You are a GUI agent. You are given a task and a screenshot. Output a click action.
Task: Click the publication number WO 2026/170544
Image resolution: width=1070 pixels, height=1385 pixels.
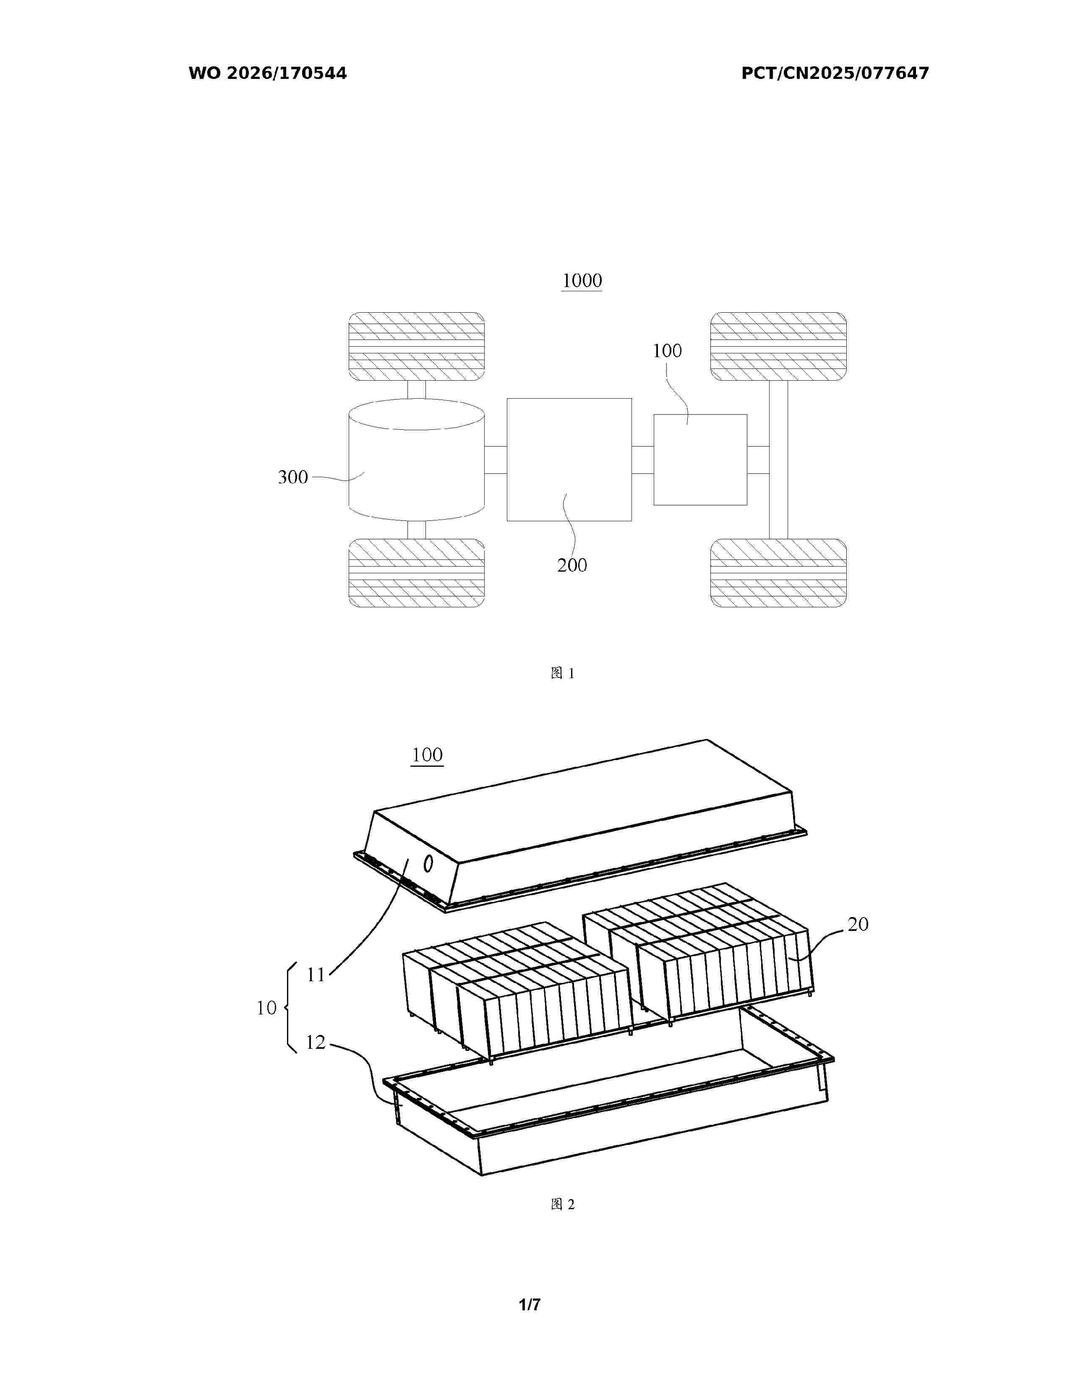(268, 73)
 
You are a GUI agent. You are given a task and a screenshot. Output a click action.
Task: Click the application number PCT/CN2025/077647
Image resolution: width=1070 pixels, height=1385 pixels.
(835, 73)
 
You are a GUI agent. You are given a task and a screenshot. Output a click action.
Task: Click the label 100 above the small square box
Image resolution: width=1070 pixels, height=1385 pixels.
(667, 351)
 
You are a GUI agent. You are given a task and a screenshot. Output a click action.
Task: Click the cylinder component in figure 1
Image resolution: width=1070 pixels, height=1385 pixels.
(417, 459)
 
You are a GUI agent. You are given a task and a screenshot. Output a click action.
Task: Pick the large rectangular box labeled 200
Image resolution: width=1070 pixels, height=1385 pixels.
(569, 460)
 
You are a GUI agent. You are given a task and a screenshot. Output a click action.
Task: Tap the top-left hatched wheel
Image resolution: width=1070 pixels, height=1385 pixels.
(417, 346)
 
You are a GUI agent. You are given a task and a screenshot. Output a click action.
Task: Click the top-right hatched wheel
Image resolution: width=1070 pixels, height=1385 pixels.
(778, 346)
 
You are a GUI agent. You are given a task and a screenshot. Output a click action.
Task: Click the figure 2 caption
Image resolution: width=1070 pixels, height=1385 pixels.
(562, 1204)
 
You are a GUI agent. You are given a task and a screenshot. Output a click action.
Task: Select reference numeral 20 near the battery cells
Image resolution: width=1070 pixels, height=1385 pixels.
(858, 924)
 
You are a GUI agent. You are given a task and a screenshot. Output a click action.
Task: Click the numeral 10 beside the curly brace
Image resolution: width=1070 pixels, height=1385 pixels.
(266, 1008)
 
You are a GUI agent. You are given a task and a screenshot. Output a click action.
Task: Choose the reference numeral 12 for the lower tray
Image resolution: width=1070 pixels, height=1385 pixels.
(316, 1042)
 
